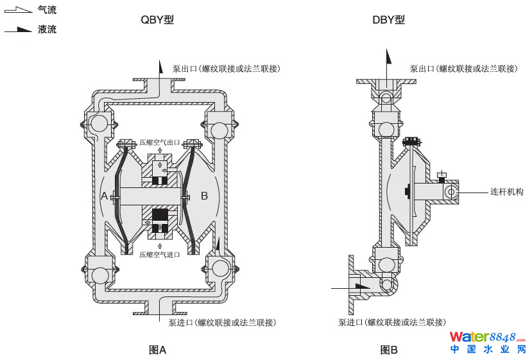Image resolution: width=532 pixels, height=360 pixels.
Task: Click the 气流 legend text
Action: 47,10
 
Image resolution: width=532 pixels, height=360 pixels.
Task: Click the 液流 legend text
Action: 47,30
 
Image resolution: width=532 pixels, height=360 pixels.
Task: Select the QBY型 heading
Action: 157,20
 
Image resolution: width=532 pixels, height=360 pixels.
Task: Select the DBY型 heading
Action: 388,20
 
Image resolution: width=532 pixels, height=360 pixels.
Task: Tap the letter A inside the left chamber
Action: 105,196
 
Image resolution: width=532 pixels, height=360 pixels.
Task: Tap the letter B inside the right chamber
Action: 205,196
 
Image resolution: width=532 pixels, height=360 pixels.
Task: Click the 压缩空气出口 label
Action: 160,142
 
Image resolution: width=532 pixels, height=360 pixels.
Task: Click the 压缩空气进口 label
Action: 160,255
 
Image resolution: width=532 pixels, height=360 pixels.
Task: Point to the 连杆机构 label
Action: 507,191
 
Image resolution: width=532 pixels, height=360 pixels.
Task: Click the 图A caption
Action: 157,350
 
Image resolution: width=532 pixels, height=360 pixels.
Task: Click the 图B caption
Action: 389,350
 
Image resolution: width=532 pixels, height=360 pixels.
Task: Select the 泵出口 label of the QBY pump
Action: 226,69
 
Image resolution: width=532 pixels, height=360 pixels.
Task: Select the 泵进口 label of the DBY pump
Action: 391,322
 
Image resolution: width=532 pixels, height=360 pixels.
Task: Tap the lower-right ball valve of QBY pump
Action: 219,268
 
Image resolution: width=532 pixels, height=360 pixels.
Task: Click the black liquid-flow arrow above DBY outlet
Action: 388,56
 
